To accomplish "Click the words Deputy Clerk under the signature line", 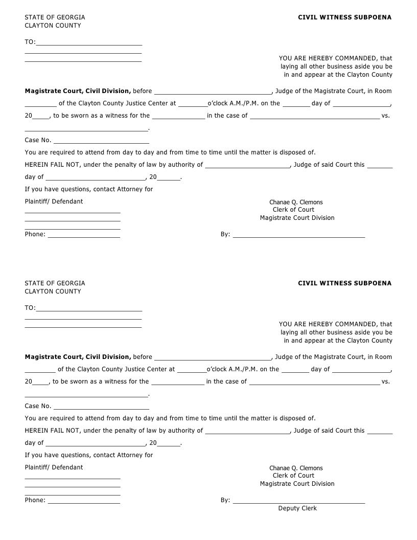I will point(297,508).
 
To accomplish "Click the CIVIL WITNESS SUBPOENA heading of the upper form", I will point(344,17).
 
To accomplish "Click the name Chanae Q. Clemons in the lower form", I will point(296,468).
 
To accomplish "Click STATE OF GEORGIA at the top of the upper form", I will point(55,17).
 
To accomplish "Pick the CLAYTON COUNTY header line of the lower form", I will point(53,291).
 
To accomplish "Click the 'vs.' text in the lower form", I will point(386,381).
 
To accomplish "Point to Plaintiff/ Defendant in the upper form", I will point(54,201).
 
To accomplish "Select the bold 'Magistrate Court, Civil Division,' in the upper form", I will point(78,91).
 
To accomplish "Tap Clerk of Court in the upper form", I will point(293,210).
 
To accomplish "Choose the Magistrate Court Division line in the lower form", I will point(297,484).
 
